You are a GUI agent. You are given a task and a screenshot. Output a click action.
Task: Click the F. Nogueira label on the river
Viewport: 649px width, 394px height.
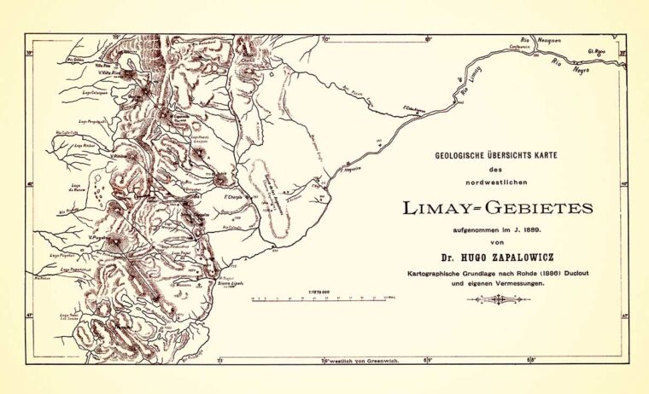tap(350, 168)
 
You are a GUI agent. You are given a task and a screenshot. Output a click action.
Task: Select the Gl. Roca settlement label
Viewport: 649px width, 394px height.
tap(607, 51)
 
